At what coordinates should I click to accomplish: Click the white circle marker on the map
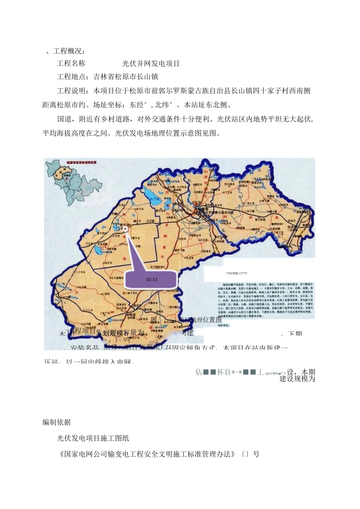[125, 229]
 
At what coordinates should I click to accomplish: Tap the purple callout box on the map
[151, 279]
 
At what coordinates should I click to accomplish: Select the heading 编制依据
[56, 422]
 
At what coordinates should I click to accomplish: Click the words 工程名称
[71, 63]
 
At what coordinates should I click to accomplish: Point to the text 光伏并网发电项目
[151, 63]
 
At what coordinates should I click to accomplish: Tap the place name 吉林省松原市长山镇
[126, 77]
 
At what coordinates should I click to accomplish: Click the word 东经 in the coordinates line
[137, 105]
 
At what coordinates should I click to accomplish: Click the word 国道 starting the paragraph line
[64, 119]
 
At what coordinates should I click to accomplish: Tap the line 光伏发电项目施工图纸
[93, 438]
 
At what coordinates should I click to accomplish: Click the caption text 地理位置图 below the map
[207, 320]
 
